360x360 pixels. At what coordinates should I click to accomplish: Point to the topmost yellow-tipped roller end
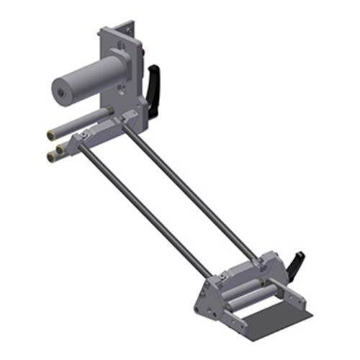coord(52,135)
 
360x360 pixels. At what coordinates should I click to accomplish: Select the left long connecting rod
coord(144,209)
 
